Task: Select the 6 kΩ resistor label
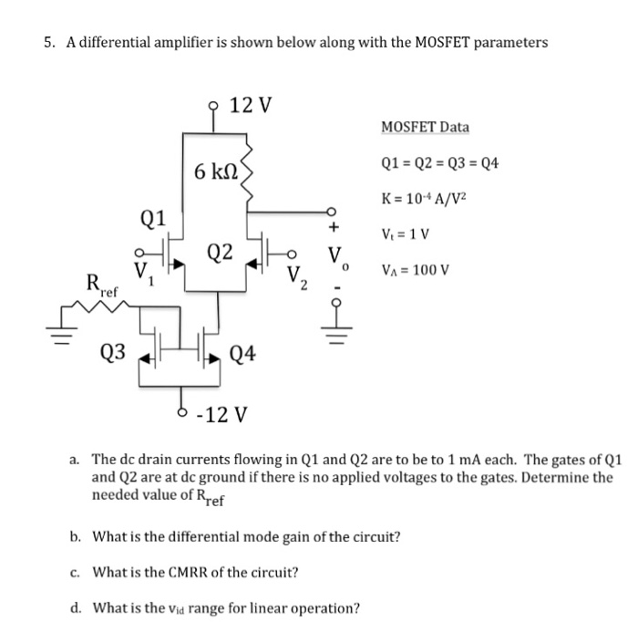(x=215, y=170)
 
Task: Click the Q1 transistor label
(x=154, y=218)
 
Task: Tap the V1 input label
(x=143, y=271)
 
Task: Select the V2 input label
(x=297, y=275)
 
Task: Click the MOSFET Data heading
(x=425, y=127)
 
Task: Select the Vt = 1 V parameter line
(x=407, y=233)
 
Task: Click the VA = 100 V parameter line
(x=417, y=270)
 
